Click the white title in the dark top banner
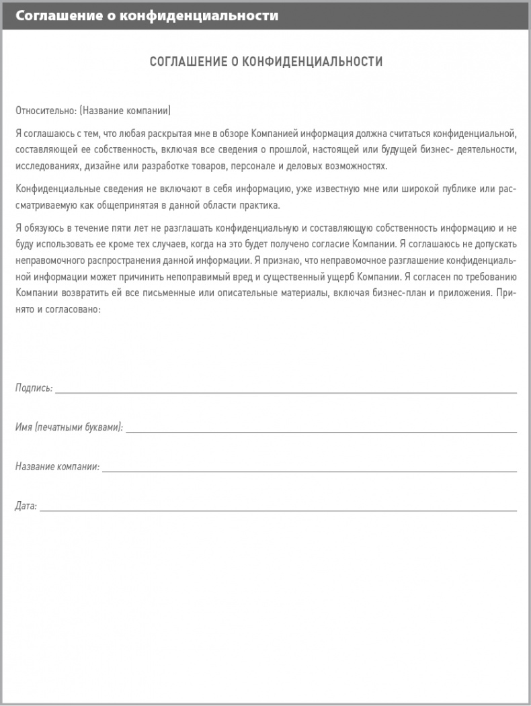pos(147,15)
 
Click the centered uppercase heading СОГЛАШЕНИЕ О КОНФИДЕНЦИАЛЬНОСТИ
pos(265,62)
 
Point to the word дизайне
pos(104,166)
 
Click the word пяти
pos(123,228)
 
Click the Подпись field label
pos(34,388)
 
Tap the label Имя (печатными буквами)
pos(69,427)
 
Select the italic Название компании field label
pos(57,466)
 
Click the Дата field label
pos(26,506)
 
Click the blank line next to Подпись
pos(286,390)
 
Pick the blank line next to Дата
pos(278,509)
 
